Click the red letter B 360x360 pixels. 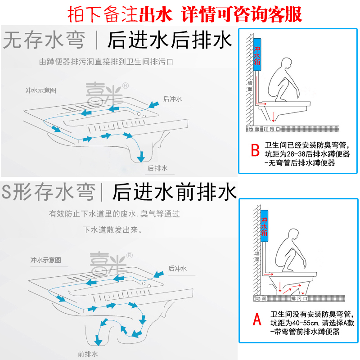(x=255, y=150)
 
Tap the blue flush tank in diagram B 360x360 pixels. (x=257, y=56)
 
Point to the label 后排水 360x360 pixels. (x=157, y=168)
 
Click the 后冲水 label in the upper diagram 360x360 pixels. (x=172, y=99)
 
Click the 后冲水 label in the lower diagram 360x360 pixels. (x=177, y=269)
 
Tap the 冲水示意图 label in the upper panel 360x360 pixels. (x=41, y=90)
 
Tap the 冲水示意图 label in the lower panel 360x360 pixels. (x=45, y=260)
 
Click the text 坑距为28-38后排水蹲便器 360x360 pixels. (x=307, y=154)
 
